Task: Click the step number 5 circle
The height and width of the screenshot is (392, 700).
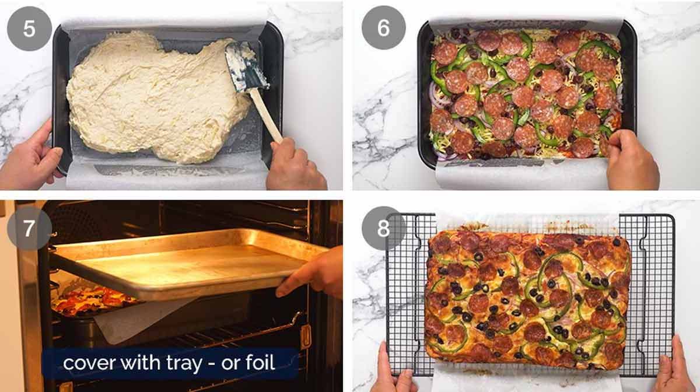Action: point(29,29)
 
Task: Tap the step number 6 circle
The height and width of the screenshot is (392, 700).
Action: point(383,29)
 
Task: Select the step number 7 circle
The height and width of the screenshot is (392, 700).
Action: point(29,228)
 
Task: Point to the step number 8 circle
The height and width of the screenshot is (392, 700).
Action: point(383,228)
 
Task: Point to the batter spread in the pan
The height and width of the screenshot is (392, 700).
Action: point(152,99)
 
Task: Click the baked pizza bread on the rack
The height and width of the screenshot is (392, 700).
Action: point(528,297)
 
